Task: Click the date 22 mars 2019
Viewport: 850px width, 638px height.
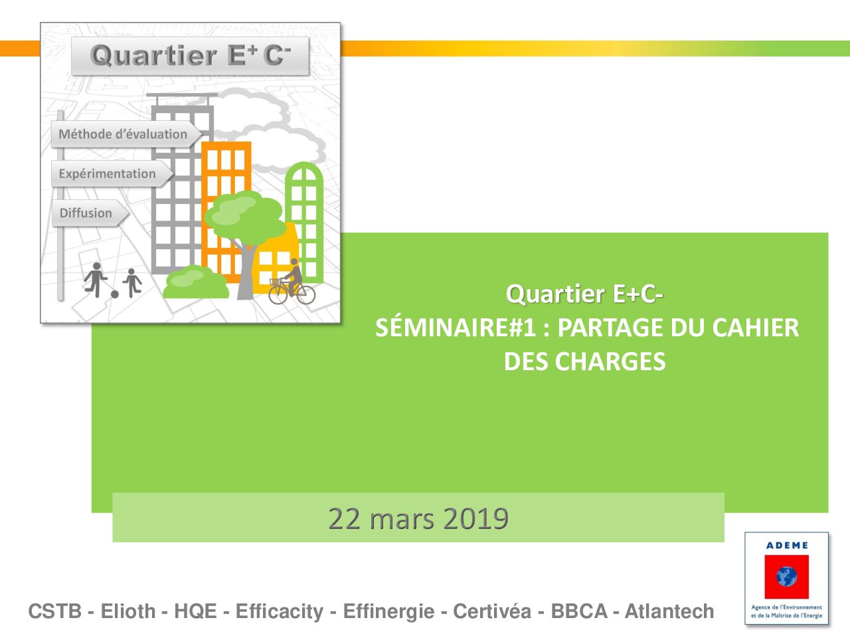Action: click(418, 518)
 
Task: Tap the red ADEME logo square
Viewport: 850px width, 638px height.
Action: click(786, 576)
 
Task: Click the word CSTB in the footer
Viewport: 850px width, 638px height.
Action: click(54, 611)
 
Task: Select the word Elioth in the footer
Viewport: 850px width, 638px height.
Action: click(127, 611)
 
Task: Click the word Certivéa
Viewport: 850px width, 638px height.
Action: click(492, 611)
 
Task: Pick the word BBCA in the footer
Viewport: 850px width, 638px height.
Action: click(579, 611)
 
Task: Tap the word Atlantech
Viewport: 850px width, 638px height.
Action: click(669, 611)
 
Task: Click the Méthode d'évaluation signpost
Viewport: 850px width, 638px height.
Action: click(126, 134)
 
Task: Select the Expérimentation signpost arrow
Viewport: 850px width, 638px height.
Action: click(112, 173)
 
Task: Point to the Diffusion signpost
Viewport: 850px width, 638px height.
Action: click(90, 213)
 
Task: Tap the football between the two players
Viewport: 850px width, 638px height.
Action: click(115, 294)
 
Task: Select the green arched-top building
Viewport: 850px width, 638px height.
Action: click(304, 222)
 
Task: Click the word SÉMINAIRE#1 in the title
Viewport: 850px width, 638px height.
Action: click(456, 328)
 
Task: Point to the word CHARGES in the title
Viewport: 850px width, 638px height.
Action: click(610, 362)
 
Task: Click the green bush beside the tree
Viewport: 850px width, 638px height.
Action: click(195, 282)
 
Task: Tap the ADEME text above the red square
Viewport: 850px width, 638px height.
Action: click(787, 546)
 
